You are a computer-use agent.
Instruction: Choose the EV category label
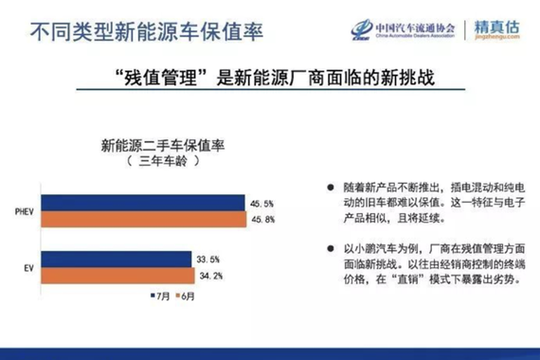[x=28, y=268]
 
